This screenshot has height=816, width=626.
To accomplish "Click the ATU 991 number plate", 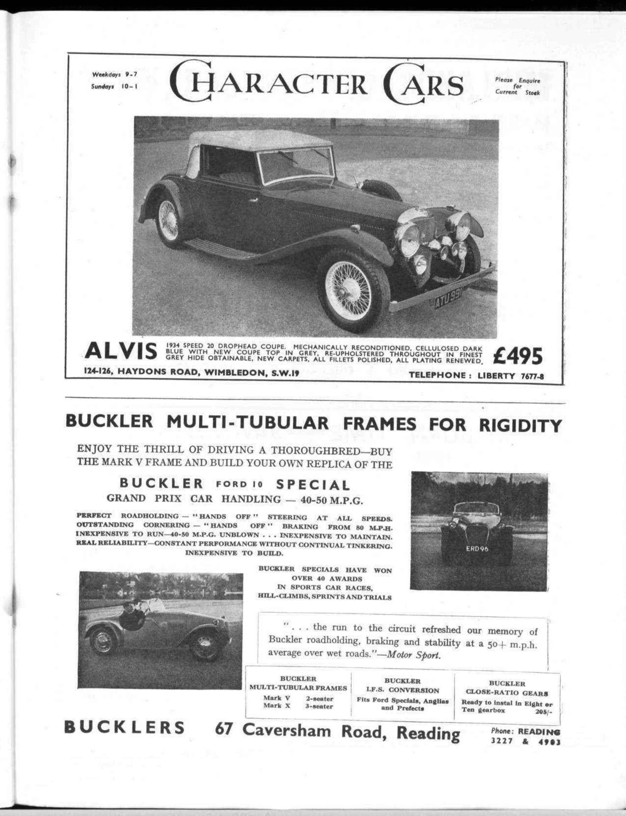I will [448, 298].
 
